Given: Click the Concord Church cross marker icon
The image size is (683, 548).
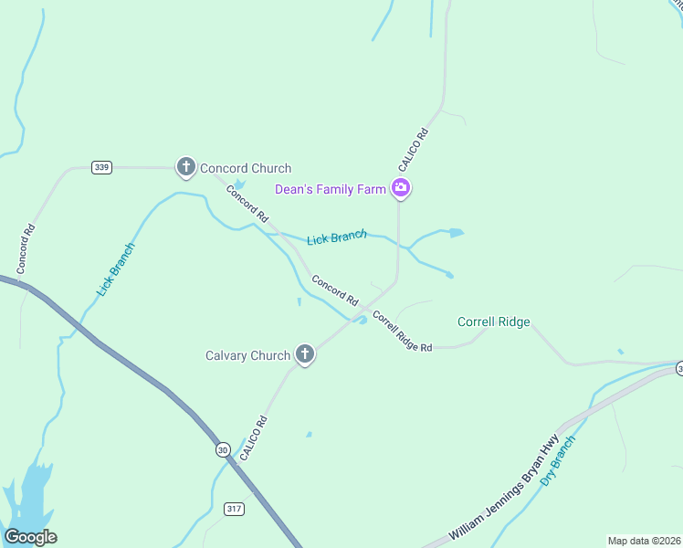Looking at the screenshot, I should [186, 167].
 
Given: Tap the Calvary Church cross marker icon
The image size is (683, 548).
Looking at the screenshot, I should [305, 354].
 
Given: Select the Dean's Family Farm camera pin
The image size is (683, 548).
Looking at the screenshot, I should [400, 189].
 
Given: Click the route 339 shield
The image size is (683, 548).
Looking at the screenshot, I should [101, 167].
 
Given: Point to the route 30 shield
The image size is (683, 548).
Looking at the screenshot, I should [223, 449].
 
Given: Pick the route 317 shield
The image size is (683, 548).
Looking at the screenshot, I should [235, 508].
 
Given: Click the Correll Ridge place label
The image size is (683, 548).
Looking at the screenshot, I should [493, 321].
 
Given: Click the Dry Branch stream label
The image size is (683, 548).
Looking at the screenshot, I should [558, 460].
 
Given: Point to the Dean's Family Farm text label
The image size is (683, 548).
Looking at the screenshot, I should [331, 189].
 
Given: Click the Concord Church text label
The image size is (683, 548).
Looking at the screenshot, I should [246, 168].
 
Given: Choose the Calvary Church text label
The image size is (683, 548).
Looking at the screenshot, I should [247, 355].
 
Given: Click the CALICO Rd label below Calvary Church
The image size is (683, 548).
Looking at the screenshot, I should [253, 437].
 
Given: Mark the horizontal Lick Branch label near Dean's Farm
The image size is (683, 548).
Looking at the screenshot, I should [336, 238].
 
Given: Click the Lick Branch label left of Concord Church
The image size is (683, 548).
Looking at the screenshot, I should [116, 269].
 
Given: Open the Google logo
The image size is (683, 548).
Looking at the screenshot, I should [30, 537].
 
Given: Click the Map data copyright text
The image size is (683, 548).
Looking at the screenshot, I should [643, 541].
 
